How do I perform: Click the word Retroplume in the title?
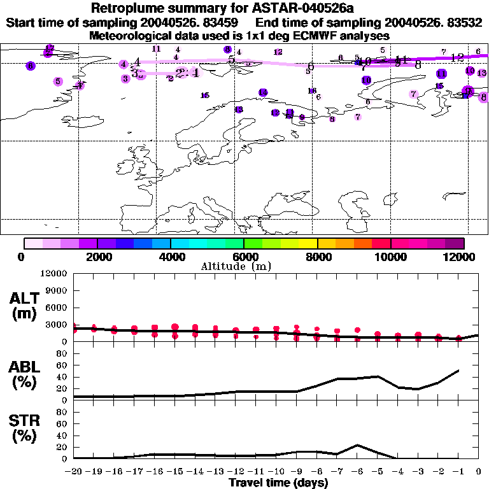[x=128, y=9]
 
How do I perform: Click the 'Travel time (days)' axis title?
[x=278, y=483]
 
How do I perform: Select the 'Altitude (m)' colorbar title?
[x=244, y=266]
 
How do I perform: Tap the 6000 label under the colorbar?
[x=244, y=257]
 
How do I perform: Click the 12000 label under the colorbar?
[x=462, y=257]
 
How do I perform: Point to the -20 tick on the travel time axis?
[x=74, y=472]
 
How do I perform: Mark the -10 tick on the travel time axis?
[x=276, y=472]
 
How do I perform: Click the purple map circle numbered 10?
[x=366, y=80]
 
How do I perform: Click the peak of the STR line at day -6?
[x=357, y=444]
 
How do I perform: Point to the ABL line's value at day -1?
[x=458, y=371]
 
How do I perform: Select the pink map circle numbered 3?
[x=125, y=78]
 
